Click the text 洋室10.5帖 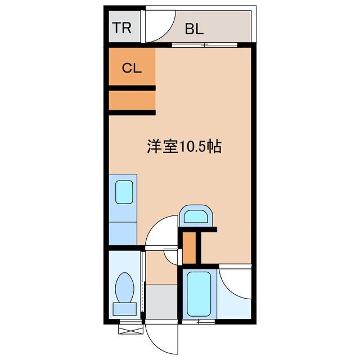(183, 147)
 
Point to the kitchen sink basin (124, 192)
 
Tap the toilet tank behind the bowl (124, 308)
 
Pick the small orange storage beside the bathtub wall (190, 247)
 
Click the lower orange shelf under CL (132, 101)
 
